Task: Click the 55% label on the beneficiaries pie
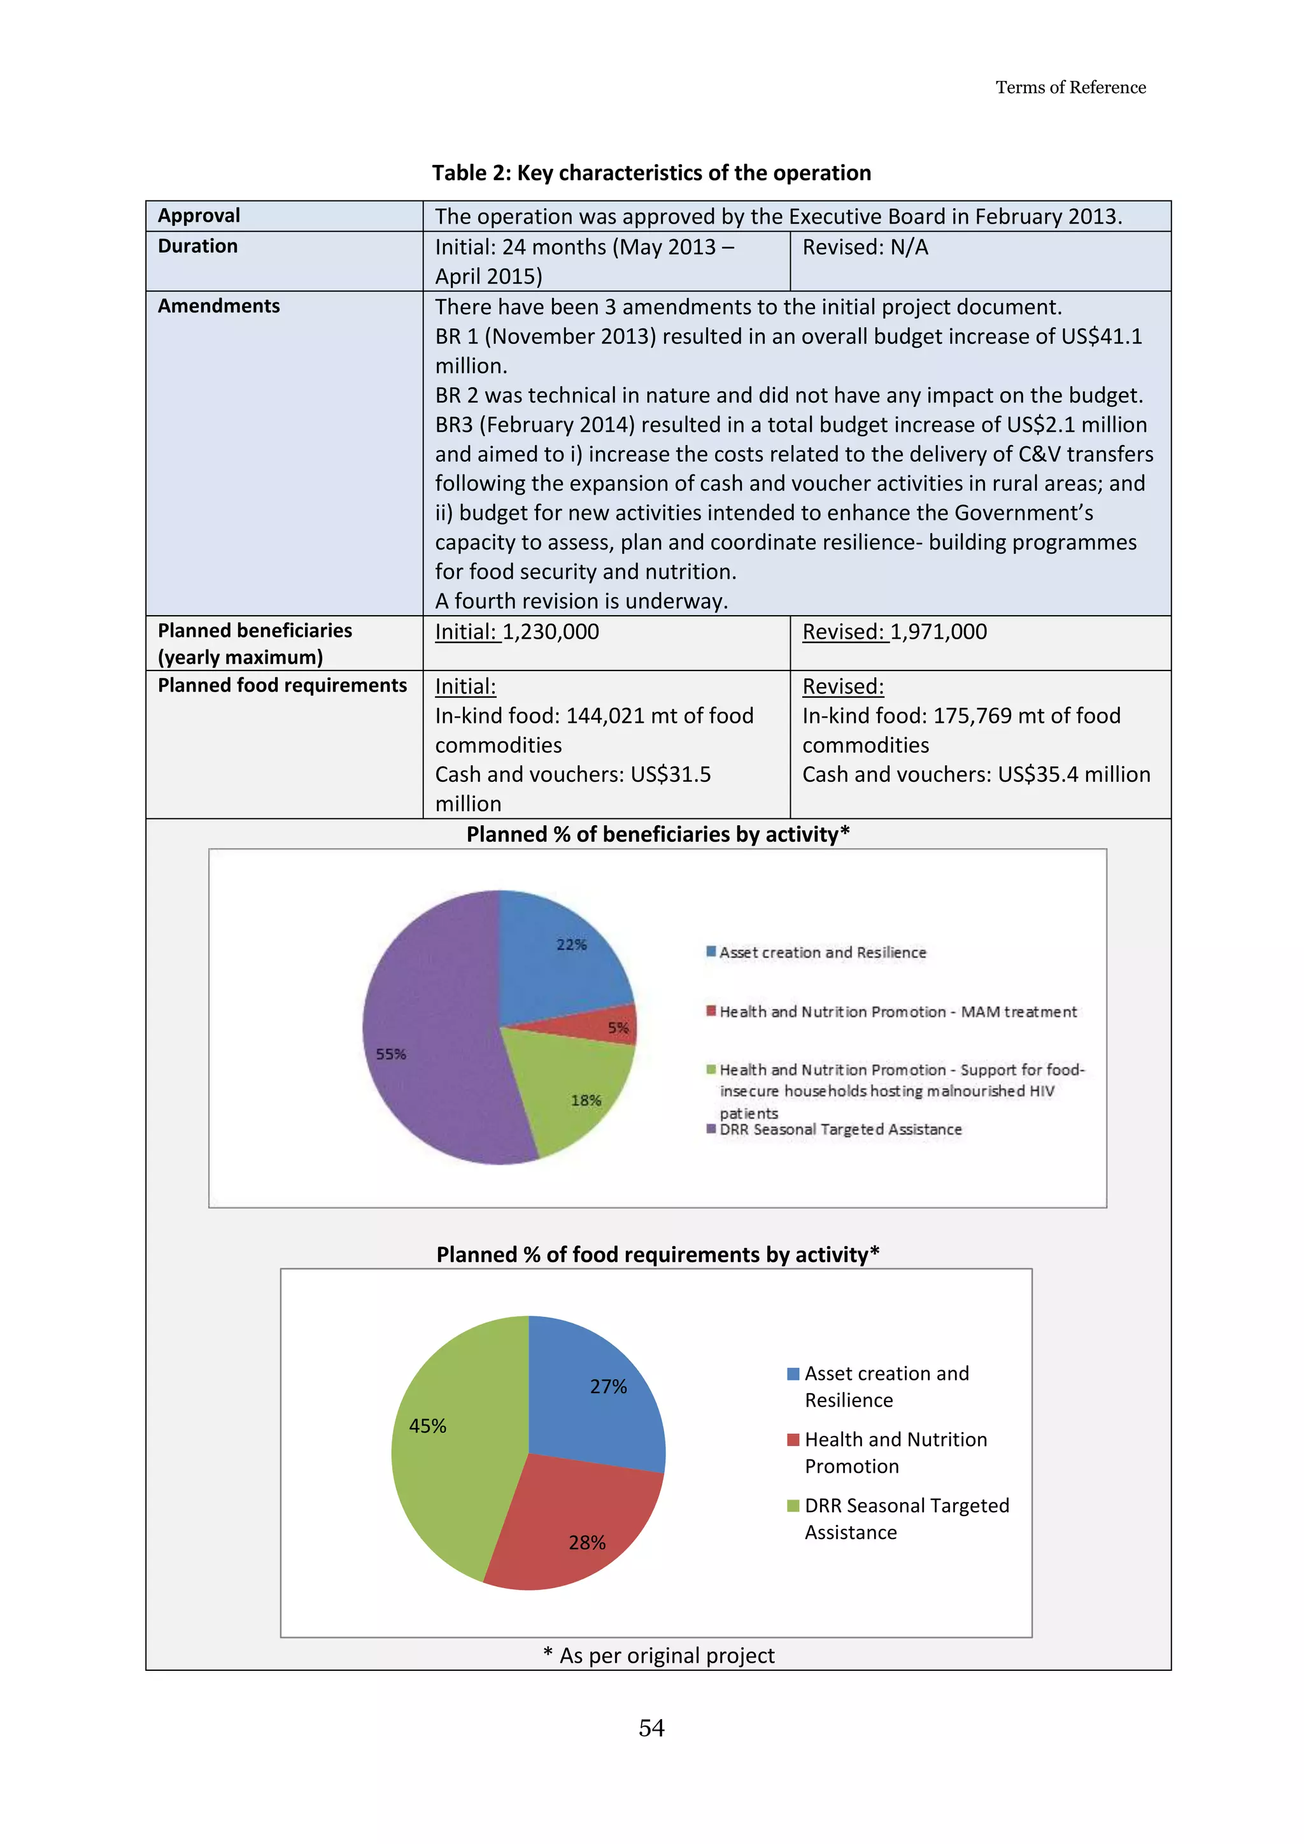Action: (391, 1054)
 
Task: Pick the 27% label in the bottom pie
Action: (608, 1386)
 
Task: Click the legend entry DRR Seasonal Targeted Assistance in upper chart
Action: (840, 1129)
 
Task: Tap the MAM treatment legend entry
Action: (898, 1012)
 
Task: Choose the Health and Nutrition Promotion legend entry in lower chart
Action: (895, 1452)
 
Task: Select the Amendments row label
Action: (218, 306)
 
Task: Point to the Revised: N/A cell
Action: (865, 247)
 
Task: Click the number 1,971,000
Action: (938, 632)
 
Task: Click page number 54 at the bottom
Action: (651, 1727)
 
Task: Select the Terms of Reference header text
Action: (1070, 87)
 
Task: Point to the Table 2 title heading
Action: (651, 173)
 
